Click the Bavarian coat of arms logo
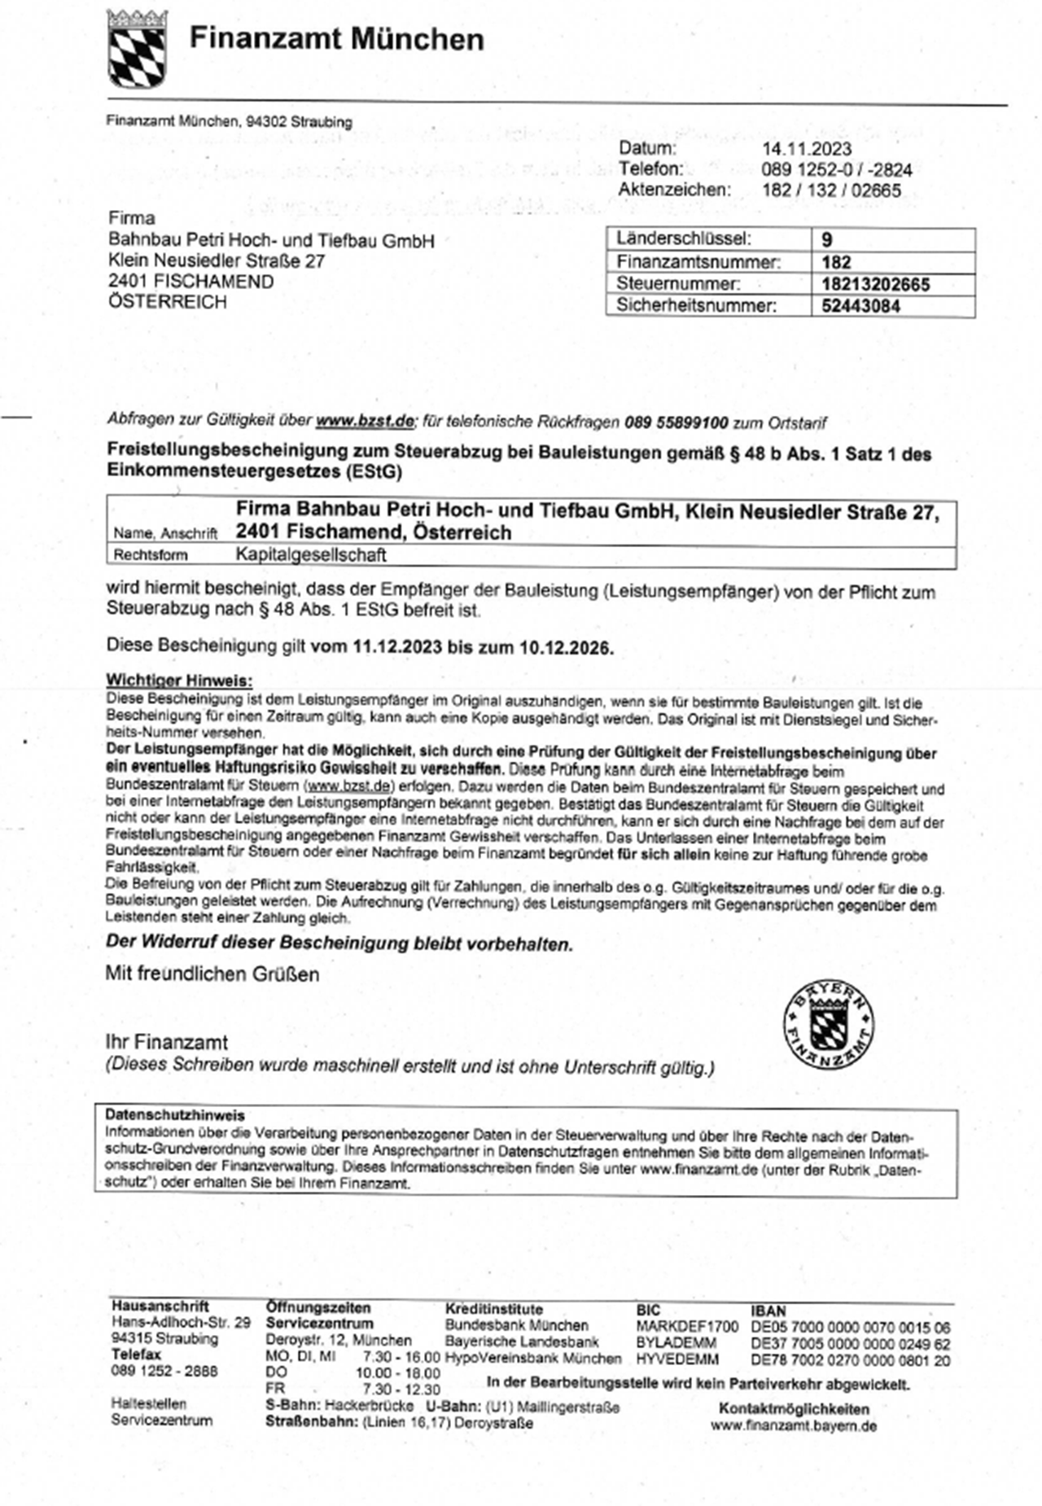137,48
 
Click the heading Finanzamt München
336,39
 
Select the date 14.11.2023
806,149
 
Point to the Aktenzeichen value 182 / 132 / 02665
830,190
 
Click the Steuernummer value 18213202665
875,284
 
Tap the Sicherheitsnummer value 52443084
860,306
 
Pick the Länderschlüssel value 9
826,240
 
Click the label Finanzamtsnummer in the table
698,262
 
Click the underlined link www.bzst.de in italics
365,421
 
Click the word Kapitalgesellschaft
310,555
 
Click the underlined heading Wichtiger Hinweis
179,681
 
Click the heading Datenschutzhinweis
174,1115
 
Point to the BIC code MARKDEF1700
686,1327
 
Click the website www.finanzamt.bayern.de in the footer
793,1425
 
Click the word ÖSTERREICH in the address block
167,302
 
